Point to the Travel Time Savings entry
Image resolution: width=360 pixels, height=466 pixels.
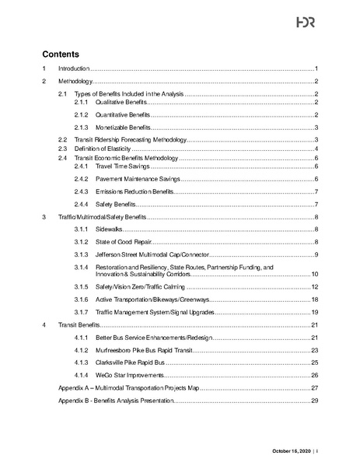122,166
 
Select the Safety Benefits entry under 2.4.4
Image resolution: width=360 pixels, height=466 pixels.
117,204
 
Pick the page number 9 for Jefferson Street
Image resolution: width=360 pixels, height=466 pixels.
316,255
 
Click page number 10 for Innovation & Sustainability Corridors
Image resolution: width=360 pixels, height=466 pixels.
315,275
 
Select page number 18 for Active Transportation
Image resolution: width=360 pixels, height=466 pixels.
315,300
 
